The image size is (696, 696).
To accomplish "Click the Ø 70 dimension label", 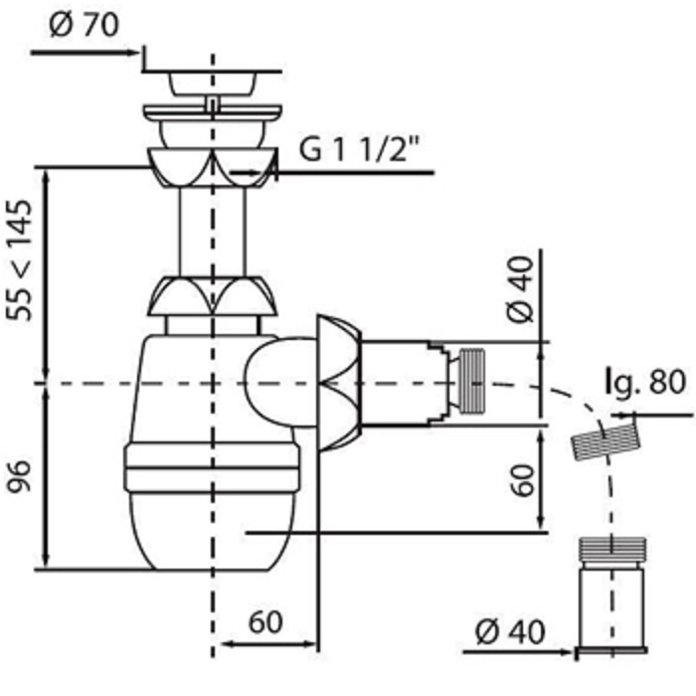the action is coord(85,25).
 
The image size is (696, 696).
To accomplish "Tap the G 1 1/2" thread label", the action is coord(360,149).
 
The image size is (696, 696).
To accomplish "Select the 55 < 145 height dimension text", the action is coord(20,261).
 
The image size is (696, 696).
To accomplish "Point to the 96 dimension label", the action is coord(20,476).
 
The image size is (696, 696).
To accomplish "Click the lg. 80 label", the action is coord(646,382).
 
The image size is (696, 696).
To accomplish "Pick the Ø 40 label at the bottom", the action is coord(509,632).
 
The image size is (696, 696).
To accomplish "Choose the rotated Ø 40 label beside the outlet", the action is coord(520,289).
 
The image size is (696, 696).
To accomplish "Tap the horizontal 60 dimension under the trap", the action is coord(265,622).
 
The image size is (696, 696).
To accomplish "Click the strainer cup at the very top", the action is coord(212,83).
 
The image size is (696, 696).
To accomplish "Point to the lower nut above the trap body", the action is coord(212,296).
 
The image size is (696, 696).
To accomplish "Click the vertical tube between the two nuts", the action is coord(212,232).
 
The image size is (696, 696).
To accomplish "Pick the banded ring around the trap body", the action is coord(212,467).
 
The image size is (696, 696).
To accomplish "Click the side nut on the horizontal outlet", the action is coord(339,383).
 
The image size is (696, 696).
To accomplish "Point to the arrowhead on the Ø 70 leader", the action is coord(133,53).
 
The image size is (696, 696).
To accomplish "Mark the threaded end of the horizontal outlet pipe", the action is coord(471,381).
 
